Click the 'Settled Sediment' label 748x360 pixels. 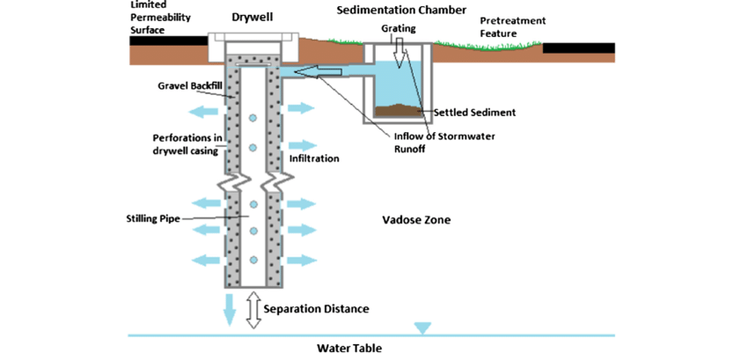tap(474, 113)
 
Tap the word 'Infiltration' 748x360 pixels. tap(314, 159)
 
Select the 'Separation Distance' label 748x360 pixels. tap(316, 309)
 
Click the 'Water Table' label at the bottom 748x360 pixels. tap(349, 348)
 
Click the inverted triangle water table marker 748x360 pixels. tap(423, 328)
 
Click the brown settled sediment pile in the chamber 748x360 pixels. tap(401, 111)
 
